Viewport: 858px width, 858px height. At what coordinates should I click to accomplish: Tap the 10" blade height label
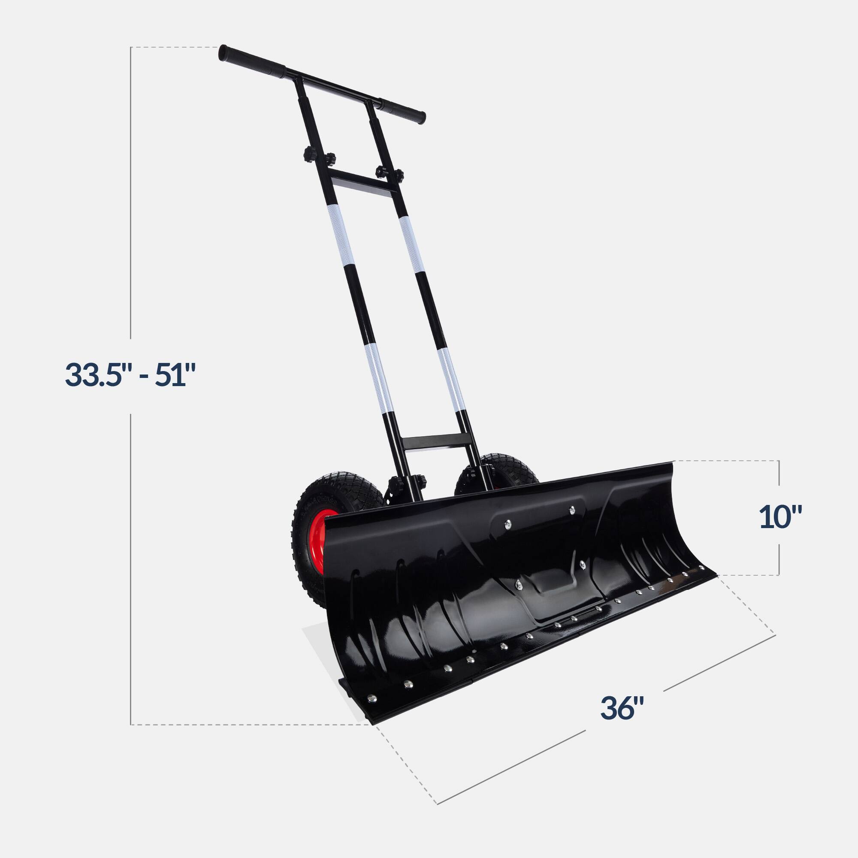coord(781,517)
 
